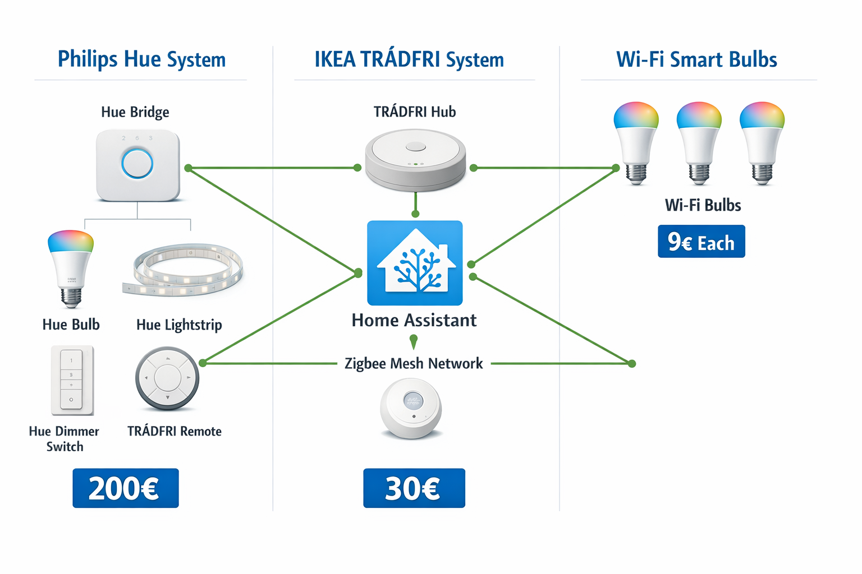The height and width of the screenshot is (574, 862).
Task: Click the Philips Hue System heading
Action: (141, 59)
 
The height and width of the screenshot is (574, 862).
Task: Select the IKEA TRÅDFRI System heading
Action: (409, 59)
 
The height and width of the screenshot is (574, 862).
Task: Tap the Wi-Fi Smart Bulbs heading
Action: (696, 59)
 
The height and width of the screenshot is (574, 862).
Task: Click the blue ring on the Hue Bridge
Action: (137, 164)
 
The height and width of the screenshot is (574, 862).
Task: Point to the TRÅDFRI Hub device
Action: (415, 160)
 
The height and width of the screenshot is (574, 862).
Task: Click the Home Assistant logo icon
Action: (415, 262)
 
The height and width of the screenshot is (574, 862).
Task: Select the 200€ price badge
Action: (125, 488)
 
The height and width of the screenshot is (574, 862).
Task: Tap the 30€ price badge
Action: (414, 488)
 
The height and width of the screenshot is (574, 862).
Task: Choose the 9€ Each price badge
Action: (701, 242)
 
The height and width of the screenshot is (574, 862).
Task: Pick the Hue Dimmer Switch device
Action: (72, 380)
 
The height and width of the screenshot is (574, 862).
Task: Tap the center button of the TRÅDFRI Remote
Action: (167, 378)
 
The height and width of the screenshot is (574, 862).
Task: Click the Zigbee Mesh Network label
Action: (414, 364)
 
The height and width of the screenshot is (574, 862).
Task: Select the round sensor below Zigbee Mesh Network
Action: (411, 408)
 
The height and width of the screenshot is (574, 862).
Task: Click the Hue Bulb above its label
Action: (71, 267)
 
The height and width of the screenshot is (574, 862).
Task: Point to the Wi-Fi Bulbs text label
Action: (703, 205)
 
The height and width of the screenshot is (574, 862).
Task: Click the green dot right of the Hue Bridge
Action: (188, 168)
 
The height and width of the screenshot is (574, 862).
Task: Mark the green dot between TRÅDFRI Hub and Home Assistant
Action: (415, 214)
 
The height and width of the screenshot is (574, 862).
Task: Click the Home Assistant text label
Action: (414, 320)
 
